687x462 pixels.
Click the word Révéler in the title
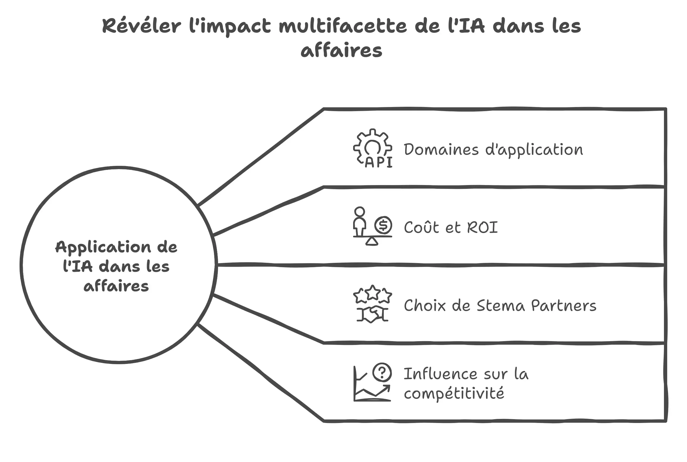(x=142, y=26)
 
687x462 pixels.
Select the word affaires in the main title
(x=341, y=51)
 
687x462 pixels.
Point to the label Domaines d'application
(x=493, y=150)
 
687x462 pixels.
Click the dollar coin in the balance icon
(x=383, y=225)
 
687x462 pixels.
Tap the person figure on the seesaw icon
(x=360, y=221)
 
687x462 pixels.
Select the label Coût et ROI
(x=450, y=227)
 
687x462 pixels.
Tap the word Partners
(x=564, y=306)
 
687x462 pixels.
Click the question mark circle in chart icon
(x=382, y=372)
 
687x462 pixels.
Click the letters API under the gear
(x=379, y=163)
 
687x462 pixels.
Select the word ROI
(x=483, y=227)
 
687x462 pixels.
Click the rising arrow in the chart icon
(x=383, y=390)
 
